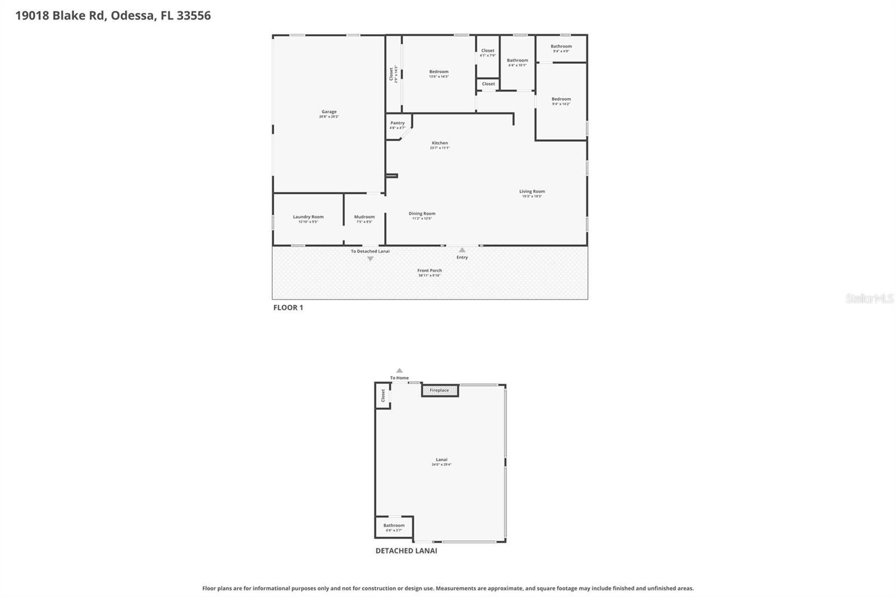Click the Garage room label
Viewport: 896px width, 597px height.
pyautogui.click(x=329, y=112)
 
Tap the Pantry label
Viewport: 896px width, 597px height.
pyautogui.click(x=398, y=123)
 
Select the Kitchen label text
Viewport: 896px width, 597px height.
pyautogui.click(x=440, y=143)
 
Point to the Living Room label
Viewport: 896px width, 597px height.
pyautogui.click(x=531, y=192)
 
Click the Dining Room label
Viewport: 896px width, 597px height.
pyautogui.click(x=422, y=214)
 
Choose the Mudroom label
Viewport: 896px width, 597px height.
pyautogui.click(x=364, y=217)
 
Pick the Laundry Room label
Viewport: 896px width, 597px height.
pyautogui.click(x=308, y=217)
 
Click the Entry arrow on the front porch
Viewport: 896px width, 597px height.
pyautogui.click(x=462, y=250)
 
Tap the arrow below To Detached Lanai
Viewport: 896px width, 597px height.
pyautogui.click(x=370, y=259)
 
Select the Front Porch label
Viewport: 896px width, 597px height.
pyautogui.click(x=430, y=271)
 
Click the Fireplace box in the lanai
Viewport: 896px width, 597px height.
pyautogui.click(x=440, y=390)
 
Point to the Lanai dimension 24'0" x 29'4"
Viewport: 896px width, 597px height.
pyautogui.click(x=441, y=465)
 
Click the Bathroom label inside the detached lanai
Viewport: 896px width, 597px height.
pyautogui.click(x=394, y=526)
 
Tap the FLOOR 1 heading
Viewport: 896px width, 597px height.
pyautogui.click(x=288, y=307)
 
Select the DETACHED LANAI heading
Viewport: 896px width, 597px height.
pyautogui.click(x=406, y=551)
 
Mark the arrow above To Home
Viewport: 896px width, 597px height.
pyautogui.click(x=399, y=370)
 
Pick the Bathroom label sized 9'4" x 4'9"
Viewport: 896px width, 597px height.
pyautogui.click(x=561, y=47)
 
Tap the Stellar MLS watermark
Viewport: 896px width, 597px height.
pyautogui.click(x=869, y=298)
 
